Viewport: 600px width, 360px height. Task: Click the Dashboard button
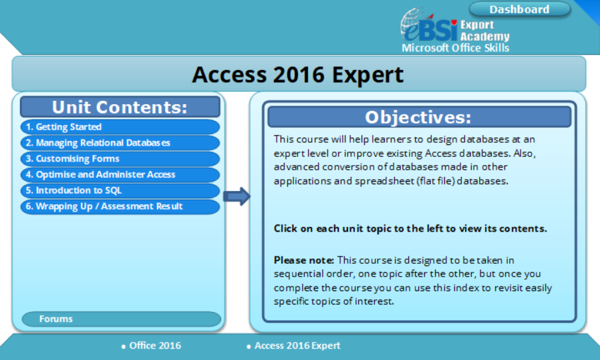click(x=519, y=9)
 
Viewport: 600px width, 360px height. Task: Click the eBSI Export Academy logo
click(x=454, y=29)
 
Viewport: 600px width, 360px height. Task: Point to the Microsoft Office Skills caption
click(x=455, y=48)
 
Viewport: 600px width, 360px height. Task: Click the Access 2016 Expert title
click(x=298, y=74)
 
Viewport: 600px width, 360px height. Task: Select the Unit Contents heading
click(x=120, y=107)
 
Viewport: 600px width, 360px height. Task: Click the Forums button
click(x=121, y=319)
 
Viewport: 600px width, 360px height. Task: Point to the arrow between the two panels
click(x=236, y=196)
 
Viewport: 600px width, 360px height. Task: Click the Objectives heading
click(x=418, y=117)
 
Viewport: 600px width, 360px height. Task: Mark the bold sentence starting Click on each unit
click(x=410, y=228)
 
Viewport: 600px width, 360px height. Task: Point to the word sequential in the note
click(x=300, y=274)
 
